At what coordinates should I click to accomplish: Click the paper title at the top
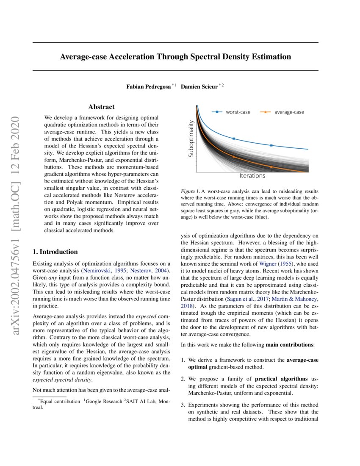click(175, 56)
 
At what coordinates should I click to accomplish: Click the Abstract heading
click(101, 107)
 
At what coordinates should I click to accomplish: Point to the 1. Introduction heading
click(55, 252)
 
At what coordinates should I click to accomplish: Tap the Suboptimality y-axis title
click(191, 139)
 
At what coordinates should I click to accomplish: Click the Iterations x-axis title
click(252, 176)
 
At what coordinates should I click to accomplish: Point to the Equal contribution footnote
click(59, 401)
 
